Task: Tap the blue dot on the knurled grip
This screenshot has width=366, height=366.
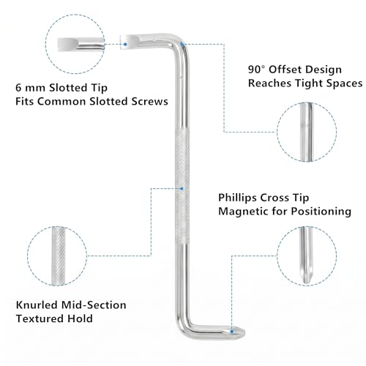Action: (x=182, y=189)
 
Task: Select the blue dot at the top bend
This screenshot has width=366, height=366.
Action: (x=182, y=44)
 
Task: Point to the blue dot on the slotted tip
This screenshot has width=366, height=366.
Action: (x=125, y=44)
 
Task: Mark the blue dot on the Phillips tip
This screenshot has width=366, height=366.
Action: (x=232, y=332)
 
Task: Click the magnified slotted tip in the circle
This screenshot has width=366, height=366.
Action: (x=81, y=45)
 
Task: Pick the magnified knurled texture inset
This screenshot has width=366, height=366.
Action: (x=59, y=256)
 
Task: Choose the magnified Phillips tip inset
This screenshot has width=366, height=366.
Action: (x=306, y=255)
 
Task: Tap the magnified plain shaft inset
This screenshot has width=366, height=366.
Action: (x=307, y=132)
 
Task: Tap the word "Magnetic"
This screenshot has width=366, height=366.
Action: (x=244, y=212)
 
